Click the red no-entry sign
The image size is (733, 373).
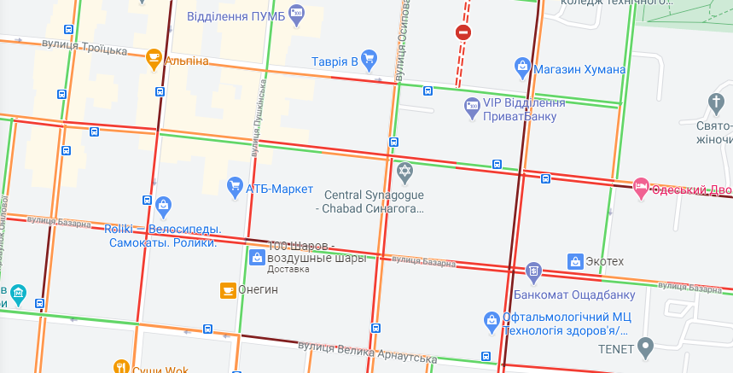tap(463, 32)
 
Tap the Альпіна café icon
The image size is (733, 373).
tap(154, 59)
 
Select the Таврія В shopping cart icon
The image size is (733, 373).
tap(369, 59)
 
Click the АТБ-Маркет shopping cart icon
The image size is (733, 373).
tap(235, 185)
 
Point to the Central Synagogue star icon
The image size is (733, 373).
tap(404, 172)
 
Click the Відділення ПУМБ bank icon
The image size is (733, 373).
tap(296, 11)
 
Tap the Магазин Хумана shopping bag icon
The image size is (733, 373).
tap(523, 66)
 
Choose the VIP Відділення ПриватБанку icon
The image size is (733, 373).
tap(472, 108)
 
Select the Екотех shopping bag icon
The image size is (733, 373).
tap(575, 260)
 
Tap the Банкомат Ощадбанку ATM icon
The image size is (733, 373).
tap(533, 272)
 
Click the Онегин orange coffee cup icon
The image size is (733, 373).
tap(228, 290)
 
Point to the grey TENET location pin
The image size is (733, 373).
tap(646, 347)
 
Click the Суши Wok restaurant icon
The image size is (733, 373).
tap(121, 367)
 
